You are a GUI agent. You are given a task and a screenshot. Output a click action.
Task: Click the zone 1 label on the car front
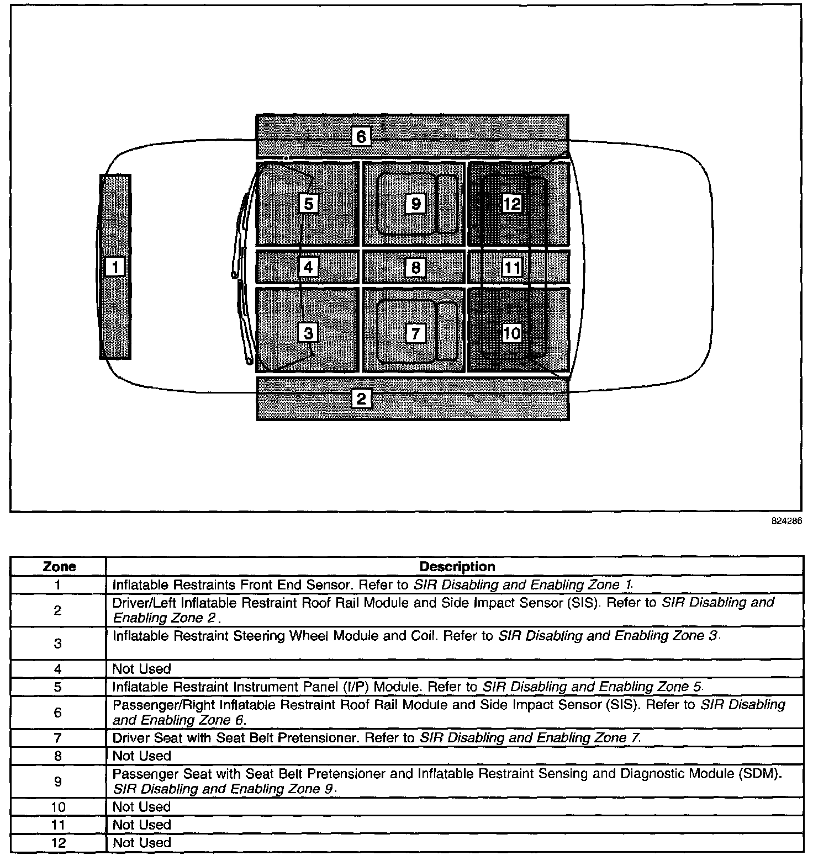tap(115, 267)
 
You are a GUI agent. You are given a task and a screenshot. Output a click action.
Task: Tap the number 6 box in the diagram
tap(361, 136)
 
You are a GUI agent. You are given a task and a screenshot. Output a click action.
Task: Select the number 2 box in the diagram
tap(361, 398)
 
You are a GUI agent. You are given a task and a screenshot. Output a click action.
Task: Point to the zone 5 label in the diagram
tap(308, 204)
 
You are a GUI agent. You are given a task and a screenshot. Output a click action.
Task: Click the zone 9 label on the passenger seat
tap(415, 204)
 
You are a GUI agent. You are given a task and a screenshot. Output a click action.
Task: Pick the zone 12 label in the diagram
tap(511, 204)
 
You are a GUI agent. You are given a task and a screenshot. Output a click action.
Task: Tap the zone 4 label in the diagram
tap(308, 268)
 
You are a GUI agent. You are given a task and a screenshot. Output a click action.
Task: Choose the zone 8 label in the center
tap(415, 268)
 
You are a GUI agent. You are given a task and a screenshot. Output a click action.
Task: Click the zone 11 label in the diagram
tap(512, 268)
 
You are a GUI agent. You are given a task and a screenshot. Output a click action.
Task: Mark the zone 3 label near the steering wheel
tap(308, 333)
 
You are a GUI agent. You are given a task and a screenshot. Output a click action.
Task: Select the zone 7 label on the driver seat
tap(415, 333)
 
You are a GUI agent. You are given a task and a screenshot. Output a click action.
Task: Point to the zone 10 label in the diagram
tap(512, 333)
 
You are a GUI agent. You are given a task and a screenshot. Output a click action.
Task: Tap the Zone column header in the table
tap(59, 567)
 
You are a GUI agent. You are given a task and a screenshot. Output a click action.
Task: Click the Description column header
tap(457, 567)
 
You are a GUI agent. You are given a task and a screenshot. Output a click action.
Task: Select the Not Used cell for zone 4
tap(142, 669)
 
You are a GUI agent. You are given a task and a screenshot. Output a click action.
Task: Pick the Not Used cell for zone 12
tap(142, 843)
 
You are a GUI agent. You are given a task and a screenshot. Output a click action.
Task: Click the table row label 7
tap(58, 738)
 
